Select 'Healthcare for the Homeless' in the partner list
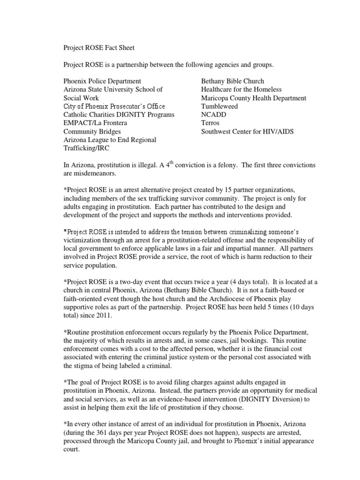point(241,89)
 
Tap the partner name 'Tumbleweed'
point(219,106)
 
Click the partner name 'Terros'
point(210,123)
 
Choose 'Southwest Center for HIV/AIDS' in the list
point(247,131)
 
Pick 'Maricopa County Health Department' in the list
point(254,97)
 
